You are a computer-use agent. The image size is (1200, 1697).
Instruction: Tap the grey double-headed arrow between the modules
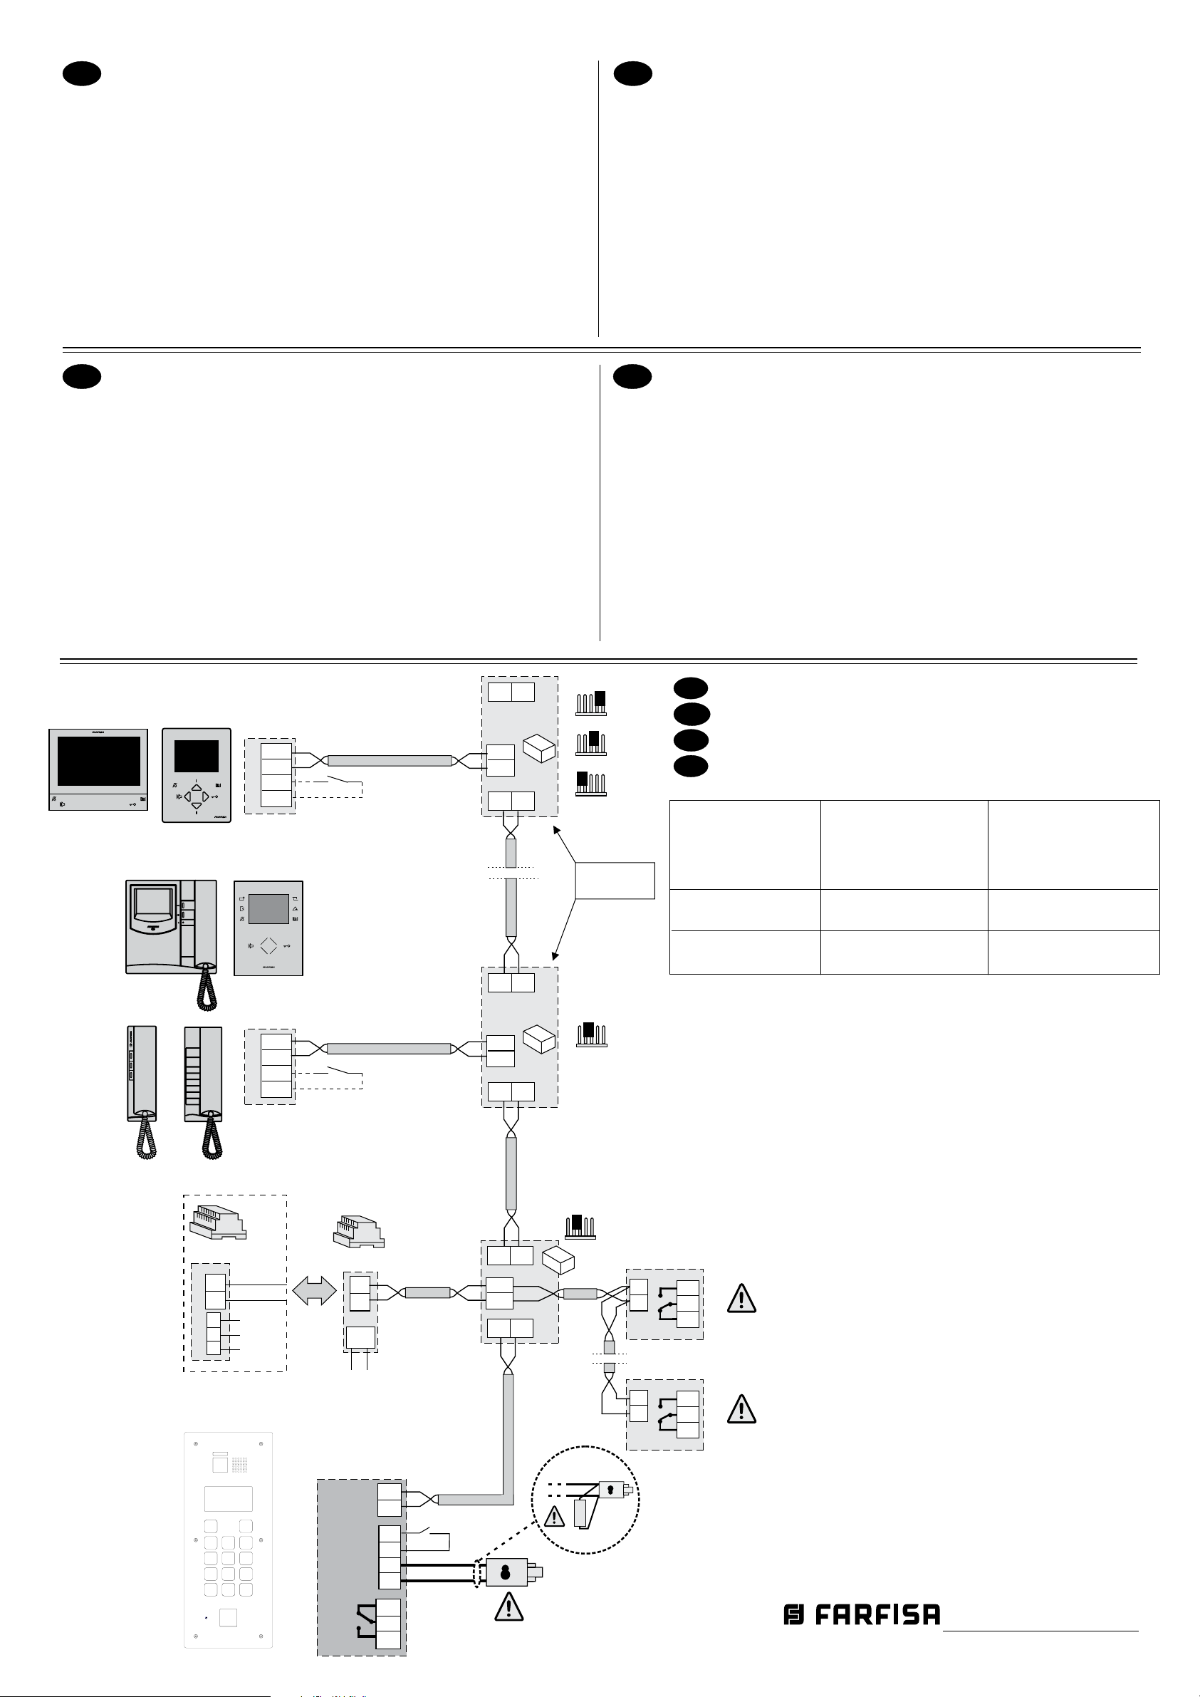(315, 1291)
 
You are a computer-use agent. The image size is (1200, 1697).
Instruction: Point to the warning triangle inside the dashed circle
(553, 1517)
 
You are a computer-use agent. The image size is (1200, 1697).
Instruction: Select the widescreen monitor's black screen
(98, 761)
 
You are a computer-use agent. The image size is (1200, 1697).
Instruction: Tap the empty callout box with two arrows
(615, 881)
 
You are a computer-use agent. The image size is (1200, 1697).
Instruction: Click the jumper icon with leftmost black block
(590, 783)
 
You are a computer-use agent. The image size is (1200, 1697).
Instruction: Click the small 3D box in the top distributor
(538, 749)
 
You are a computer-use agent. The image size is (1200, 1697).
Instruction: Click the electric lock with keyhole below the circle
(507, 1573)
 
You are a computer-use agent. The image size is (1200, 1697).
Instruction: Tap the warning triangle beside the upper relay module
(741, 1299)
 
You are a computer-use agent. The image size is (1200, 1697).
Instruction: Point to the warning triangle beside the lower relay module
(741, 1409)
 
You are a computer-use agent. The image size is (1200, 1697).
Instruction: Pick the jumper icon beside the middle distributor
(590, 1034)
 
